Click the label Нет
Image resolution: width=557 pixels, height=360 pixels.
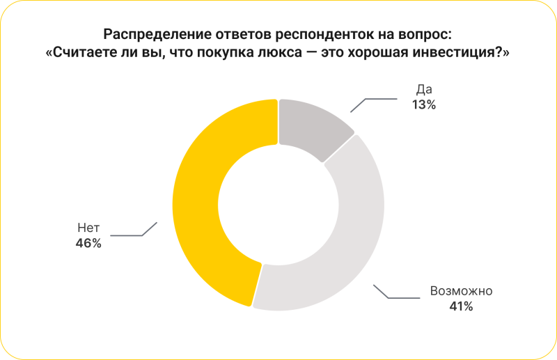(x=88, y=228)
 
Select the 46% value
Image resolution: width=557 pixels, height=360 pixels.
(x=88, y=243)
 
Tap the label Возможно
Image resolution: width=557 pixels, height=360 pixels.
(x=461, y=290)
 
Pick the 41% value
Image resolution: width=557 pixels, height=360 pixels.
(x=461, y=306)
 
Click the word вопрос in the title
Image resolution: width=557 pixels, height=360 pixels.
(x=424, y=34)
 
